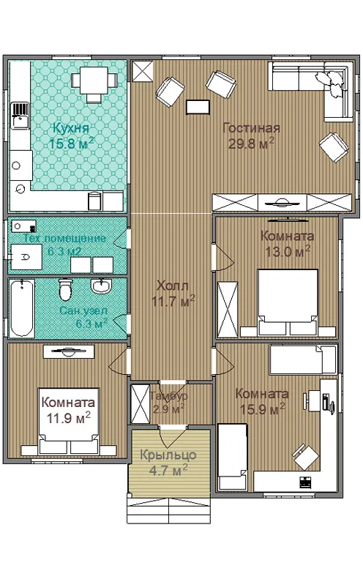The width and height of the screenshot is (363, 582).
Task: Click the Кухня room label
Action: pos(71,128)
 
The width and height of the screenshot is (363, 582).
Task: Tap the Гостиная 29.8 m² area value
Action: pos(252,143)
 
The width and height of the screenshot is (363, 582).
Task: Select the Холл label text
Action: pos(173,286)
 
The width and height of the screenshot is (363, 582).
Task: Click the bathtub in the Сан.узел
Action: pos(21,308)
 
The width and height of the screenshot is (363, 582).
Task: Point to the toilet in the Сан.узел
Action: pos(65,289)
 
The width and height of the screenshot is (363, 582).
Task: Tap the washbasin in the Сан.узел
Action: pos(100,286)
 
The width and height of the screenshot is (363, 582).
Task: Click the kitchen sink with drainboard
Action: pos(20,116)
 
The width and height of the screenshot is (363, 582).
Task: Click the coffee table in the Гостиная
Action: pos(198,107)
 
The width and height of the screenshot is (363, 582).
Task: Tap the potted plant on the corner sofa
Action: pos(330,81)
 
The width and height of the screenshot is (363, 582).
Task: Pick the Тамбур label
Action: pos(169,396)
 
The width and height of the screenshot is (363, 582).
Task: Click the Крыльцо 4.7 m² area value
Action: pos(168,470)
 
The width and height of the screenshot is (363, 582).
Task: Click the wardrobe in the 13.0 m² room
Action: pos(228,309)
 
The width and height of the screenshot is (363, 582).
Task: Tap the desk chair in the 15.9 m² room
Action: pos(305,455)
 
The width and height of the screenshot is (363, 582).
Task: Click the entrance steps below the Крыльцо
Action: pos(169,510)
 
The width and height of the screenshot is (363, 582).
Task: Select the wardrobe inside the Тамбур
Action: pos(141,404)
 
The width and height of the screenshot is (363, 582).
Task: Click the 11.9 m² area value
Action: pos(68,418)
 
